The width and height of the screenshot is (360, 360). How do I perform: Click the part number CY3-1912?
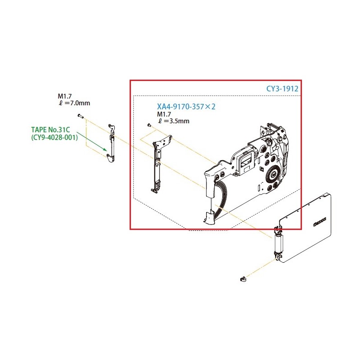[x=282, y=89]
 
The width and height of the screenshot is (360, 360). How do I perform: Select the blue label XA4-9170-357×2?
[x=186, y=107]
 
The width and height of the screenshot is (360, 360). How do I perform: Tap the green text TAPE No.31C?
[x=50, y=130]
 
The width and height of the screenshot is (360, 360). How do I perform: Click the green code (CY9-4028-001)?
[x=54, y=137]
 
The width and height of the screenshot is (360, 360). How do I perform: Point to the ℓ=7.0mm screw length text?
[x=74, y=103]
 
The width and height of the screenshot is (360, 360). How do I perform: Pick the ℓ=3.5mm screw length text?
[x=173, y=121]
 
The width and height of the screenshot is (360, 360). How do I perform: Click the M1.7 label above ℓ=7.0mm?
[x=64, y=96]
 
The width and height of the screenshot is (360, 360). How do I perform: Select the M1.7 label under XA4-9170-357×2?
[x=164, y=114]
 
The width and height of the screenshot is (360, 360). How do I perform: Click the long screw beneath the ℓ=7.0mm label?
[x=80, y=116]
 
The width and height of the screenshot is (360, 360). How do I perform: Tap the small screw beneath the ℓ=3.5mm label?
[x=149, y=125]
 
